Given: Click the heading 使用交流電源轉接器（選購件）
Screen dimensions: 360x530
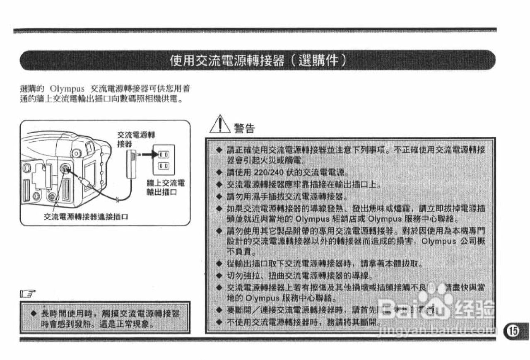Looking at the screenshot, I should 258,61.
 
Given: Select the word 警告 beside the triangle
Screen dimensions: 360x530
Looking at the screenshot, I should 244,128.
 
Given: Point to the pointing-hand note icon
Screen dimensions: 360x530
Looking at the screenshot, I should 28,295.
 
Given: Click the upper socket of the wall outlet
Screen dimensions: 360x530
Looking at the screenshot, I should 164,154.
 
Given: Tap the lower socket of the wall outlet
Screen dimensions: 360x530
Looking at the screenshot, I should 164,167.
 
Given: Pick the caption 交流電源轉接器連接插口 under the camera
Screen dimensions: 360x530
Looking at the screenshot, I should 86,217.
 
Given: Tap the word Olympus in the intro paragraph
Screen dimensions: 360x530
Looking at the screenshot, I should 67,89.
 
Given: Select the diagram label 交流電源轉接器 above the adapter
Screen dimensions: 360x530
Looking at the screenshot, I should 137,139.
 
